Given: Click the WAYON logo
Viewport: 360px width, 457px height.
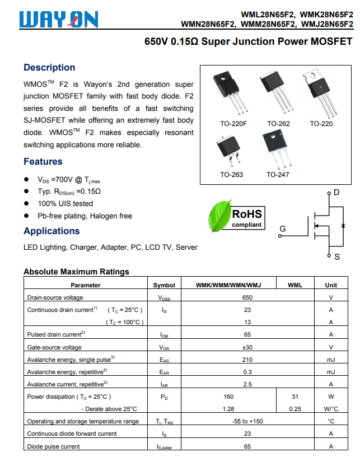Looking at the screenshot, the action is [59, 20].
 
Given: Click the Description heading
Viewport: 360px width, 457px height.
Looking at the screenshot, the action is [49, 67].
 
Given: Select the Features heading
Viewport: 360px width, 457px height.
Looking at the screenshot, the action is [43, 161].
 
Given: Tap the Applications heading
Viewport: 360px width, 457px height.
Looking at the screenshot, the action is [52, 231].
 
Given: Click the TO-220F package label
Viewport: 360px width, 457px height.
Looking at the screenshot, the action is [233, 124].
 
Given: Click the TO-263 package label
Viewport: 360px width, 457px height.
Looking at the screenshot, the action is [232, 175].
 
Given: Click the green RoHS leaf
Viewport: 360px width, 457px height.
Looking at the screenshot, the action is [220, 216].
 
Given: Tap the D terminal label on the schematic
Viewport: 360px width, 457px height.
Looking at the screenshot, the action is [336, 192].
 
